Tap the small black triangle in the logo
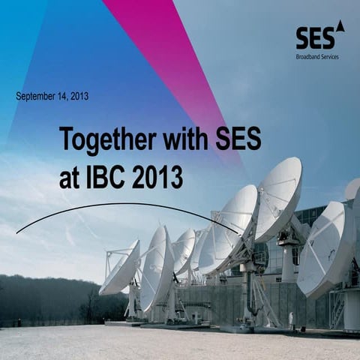tap(340, 26)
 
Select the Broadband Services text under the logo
tap(317, 55)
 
